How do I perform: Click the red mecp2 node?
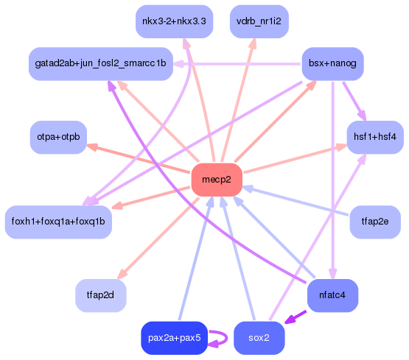217,180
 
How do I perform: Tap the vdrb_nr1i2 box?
259,21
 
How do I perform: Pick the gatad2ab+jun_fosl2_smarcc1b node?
100,64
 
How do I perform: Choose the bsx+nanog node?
332,64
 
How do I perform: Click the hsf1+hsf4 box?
375,137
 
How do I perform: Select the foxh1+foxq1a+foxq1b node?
58,222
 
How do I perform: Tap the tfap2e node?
374,222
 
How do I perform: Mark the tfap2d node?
101,295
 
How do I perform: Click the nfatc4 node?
332,295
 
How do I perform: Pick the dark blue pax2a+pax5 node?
174,338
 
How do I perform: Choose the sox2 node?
259,338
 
